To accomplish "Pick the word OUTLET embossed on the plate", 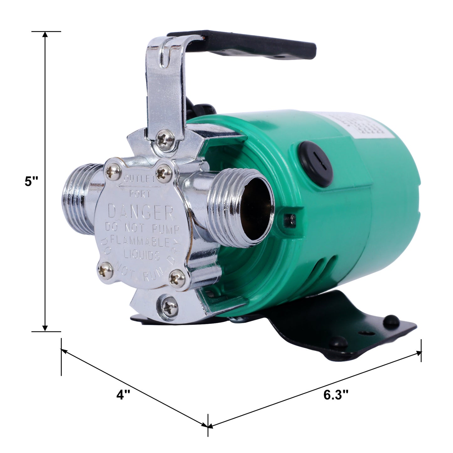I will pyautogui.click(x=140, y=179).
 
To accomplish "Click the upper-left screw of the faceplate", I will pyautogui.click(x=113, y=171).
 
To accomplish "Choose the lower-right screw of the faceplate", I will pyautogui.click(x=177, y=278).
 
